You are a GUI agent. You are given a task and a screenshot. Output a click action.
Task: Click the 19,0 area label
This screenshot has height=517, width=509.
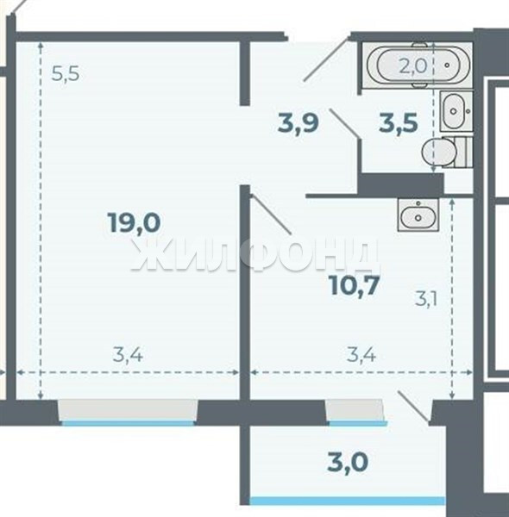tap(134, 222)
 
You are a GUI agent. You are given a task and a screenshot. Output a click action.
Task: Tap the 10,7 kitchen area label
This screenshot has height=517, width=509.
tap(355, 285)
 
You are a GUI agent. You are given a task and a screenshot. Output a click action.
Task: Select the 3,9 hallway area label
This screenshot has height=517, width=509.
tap(298, 122)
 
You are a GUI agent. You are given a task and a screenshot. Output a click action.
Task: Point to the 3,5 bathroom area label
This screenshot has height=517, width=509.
tap(399, 122)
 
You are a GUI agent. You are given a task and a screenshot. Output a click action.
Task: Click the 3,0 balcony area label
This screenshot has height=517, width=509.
tap(348, 462)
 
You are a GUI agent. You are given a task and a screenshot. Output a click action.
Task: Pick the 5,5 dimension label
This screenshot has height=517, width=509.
tap(66, 73)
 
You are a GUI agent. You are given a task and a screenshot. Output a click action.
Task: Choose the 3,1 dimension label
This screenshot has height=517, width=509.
tap(426, 300)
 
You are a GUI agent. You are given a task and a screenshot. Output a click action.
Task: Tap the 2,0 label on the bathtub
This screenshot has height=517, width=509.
tap(413, 66)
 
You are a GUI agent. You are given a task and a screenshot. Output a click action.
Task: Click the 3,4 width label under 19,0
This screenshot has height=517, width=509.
tap(128, 355)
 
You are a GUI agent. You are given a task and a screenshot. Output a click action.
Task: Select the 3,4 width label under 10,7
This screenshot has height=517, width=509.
tap(361, 355)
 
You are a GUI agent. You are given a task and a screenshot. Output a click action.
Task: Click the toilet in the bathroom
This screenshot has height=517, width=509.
tap(444, 153)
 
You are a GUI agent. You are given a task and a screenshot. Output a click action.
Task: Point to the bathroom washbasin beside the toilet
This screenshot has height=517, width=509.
tap(456, 111)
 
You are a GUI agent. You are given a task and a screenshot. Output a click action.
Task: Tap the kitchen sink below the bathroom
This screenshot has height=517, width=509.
tap(418, 215)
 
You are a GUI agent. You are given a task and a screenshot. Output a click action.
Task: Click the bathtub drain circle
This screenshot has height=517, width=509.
tap(447, 65)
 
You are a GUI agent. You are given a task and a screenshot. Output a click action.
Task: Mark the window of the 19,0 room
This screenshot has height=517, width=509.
tap(128, 412)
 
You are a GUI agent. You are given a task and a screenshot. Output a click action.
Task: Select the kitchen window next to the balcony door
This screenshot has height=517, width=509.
tap(355, 412)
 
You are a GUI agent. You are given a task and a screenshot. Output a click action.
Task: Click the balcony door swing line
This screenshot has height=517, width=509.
tap(414, 406)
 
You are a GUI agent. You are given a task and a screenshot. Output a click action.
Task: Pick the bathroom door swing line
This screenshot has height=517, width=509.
tap(343, 122)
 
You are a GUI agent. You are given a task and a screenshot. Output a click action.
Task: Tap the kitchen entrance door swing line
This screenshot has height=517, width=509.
tap(270, 214)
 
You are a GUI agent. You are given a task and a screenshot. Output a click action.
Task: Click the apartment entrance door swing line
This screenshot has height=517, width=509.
tap(326, 59)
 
